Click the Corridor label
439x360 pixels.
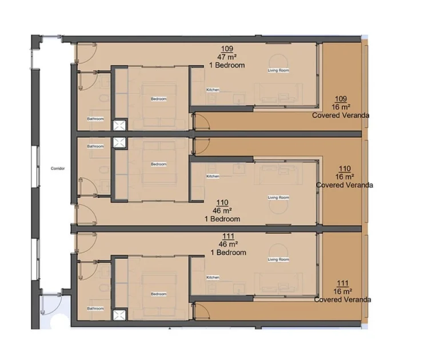pos(57,169)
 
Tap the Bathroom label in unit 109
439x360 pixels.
pos(95,119)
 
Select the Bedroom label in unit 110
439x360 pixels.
pos(158,165)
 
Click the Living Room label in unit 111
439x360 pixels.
pos(278,259)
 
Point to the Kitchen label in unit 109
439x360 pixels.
pos(213,90)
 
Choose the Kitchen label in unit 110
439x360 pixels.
pos(213,176)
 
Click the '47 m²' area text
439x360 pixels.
pos(228,57)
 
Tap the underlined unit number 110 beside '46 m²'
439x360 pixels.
pos(223,203)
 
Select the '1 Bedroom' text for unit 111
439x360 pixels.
pos(228,253)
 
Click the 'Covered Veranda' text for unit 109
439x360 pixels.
pos(340,115)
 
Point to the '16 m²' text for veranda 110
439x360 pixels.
pos(344,177)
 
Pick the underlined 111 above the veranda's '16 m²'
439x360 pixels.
pos(343,283)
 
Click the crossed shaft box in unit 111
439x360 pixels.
pos(119,315)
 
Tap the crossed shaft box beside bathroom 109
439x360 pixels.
pos(119,126)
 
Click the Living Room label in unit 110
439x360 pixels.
pos(278,198)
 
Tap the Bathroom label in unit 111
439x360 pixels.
pos(95,309)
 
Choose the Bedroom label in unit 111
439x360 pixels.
pos(158,294)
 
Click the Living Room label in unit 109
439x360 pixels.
pos(278,70)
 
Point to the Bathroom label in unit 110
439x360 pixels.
pos(95,146)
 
